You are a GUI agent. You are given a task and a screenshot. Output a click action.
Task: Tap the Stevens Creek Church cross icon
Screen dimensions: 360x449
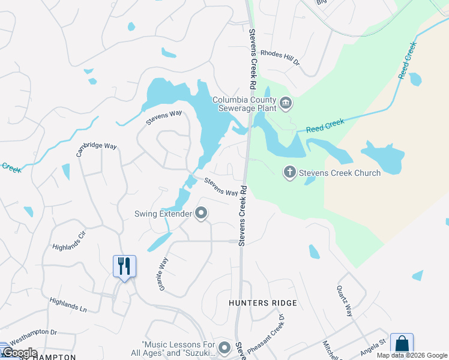tap(289, 173)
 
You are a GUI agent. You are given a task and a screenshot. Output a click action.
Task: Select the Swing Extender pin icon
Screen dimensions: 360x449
tap(202, 213)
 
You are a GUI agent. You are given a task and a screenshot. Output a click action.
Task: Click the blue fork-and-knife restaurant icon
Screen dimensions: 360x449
tap(124, 266)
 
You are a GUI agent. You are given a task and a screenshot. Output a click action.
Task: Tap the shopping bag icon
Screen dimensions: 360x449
tap(402, 344)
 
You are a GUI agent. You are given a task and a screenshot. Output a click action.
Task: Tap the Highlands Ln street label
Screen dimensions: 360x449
tap(68, 305)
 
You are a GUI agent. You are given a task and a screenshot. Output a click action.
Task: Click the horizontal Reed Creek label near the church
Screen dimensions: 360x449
tap(325, 125)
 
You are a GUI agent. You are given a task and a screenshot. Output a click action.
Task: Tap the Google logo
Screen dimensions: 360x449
tap(19, 352)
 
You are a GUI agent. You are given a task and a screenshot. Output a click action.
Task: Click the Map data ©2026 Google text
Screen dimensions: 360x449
tap(412, 355)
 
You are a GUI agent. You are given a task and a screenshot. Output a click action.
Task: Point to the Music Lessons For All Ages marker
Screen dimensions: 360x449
tap(224, 347)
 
